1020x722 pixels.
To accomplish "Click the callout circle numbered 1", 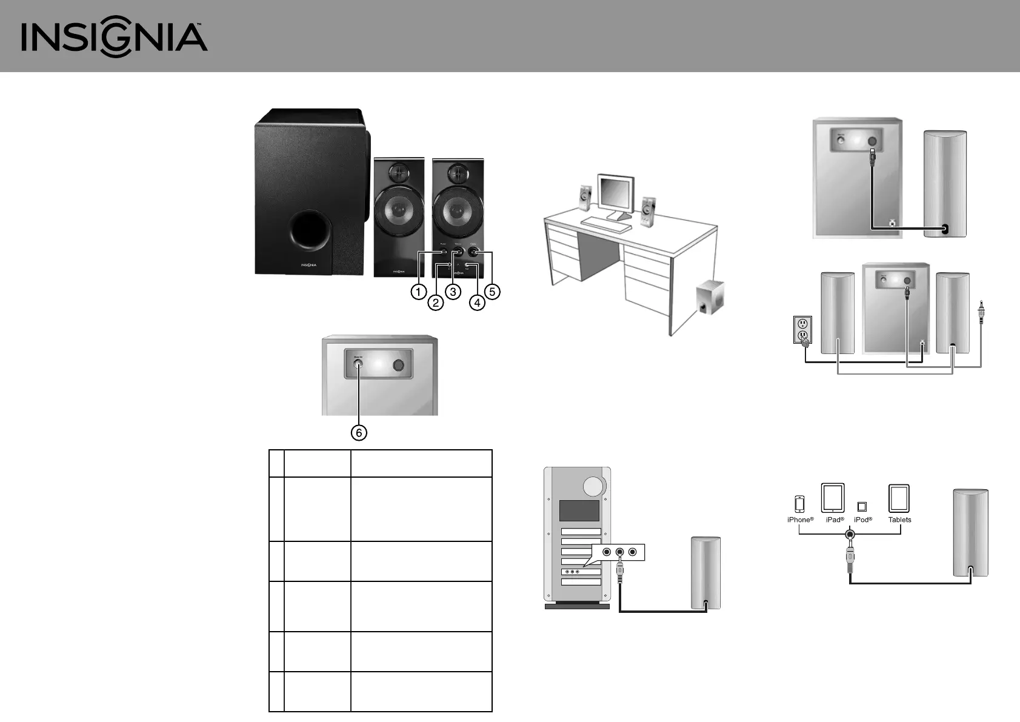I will (x=418, y=292).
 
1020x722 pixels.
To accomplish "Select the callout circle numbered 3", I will (x=453, y=292).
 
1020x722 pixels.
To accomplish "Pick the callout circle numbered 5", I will (x=492, y=292).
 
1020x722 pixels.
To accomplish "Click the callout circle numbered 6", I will (x=359, y=432).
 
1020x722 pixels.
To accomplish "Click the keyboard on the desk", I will (x=607, y=224).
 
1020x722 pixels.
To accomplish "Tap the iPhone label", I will (x=800, y=520).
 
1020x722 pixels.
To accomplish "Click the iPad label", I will (x=835, y=520).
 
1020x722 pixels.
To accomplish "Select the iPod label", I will (x=862, y=520).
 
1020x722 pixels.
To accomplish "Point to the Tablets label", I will (x=899, y=520).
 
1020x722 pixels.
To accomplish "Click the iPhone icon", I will (x=799, y=504).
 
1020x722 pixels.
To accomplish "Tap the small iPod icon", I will (x=862, y=507).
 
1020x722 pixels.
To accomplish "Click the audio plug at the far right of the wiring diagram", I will (x=981, y=314).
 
